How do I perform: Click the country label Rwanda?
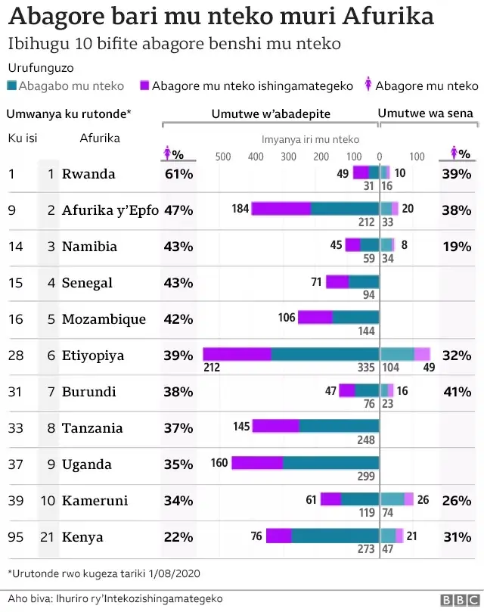coord(88,174)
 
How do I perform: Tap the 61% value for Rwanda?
coord(178,174)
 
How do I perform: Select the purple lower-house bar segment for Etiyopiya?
coord(237,354)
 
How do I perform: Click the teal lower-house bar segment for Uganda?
coord(330,463)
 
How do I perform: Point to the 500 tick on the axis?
coord(223,157)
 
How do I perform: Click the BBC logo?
coord(457,599)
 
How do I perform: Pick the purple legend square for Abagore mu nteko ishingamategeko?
coord(144,86)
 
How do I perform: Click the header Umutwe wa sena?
coord(425,113)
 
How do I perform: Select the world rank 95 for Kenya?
coord(15,537)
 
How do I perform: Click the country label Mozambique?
coord(104,319)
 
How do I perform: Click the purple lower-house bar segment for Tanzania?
coord(276,427)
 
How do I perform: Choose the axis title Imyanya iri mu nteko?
coord(310,139)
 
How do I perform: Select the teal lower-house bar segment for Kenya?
coord(335,536)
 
